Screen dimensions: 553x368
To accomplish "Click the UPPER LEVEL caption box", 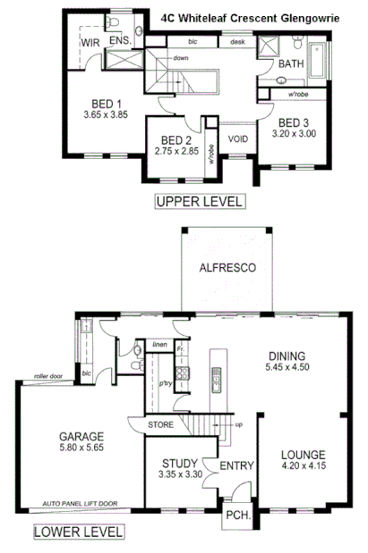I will point(199,201).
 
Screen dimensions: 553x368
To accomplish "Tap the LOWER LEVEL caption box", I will point(78,533).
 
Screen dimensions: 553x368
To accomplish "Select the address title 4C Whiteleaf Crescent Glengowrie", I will point(256,17).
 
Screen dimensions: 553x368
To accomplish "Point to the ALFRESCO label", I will point(228,267).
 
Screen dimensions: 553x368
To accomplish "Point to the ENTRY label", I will point(236,465).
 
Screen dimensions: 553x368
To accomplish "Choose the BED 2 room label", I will point(177,139).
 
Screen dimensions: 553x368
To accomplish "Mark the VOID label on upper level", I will point(237,138).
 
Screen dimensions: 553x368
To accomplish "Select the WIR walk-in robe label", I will point(90,42).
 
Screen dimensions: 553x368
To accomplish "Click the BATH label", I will point(291,64).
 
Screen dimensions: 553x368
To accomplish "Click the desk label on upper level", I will point(236,42).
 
